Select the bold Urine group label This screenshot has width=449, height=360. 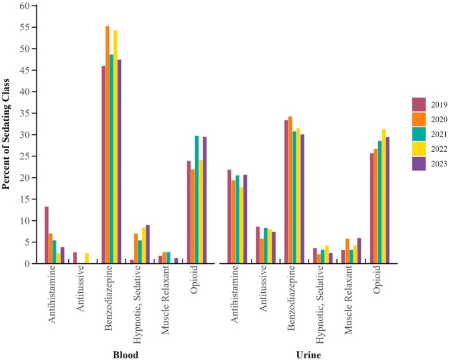pyautogui.click(x=310, y=352)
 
